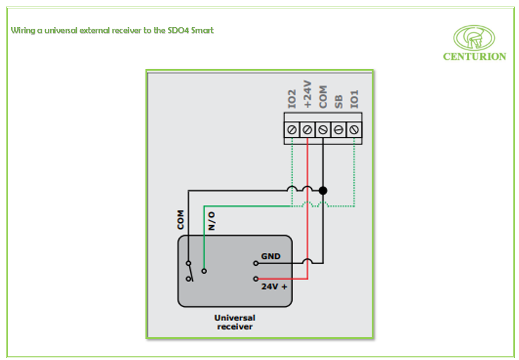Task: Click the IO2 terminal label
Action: [292, 99]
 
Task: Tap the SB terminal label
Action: [338, 101]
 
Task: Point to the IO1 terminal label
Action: [354, 99]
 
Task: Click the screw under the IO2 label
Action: [292, 129]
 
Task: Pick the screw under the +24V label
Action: [307, 129]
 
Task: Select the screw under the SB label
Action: [338, 129]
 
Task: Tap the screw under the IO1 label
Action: [354, 129]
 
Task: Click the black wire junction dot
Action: [323, 190]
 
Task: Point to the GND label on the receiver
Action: [270, 256]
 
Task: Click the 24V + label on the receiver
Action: [274, 287]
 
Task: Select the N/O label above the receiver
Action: [211, 221]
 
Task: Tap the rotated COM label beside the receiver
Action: [181, 220]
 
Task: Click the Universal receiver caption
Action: [235, 322]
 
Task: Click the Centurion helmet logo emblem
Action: [474, 38]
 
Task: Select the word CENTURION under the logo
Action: [474, 57]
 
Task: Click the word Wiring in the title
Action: [23, 30]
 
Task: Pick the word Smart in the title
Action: [202, 30]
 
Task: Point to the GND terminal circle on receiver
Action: [256, 262]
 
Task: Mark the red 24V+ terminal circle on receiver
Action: [256, 279]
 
